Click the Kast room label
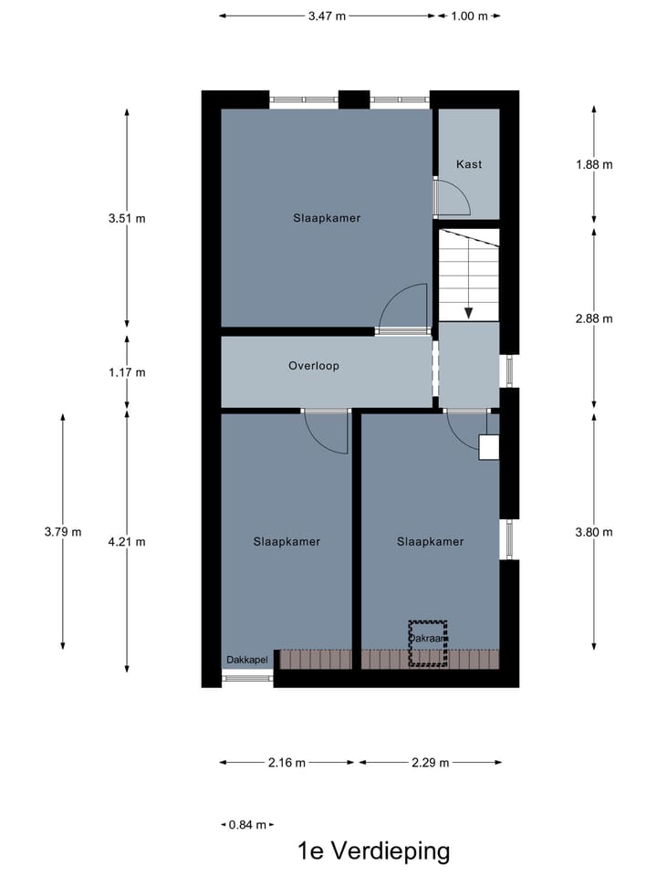coord(469,164)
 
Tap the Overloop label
coord(314,366)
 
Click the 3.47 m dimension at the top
coord(328,16)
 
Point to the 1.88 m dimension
coord(594,164)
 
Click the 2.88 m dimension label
coord(594,318)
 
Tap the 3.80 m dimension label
coord(594,532)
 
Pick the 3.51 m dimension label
coord(127,218)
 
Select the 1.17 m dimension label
coord(127,372)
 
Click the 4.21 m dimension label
coord(127,541)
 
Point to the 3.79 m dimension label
coord(63,532)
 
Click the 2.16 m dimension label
coord(288,763)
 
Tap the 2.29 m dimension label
coord(430,763)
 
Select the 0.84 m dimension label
coord(247,825)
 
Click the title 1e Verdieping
coord(374,851)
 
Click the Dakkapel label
coord(247,660)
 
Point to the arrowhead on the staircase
coord(469,312)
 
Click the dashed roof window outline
coord(428,643)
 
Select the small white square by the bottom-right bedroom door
coord(489,447)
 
